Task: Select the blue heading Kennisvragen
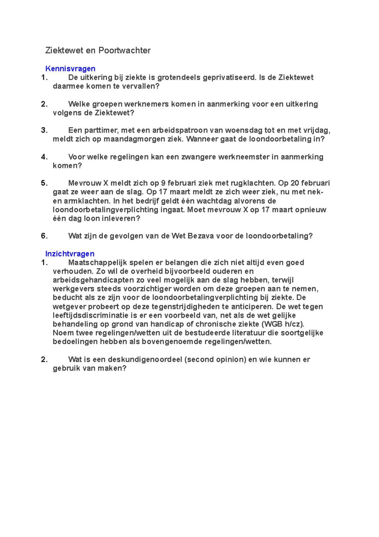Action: tap(70, 69)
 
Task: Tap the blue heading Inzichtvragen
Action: tap(70, 254)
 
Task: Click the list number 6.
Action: tap(44, 236)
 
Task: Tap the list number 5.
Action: tap(44, 183)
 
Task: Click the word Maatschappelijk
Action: tap(98, 262)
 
